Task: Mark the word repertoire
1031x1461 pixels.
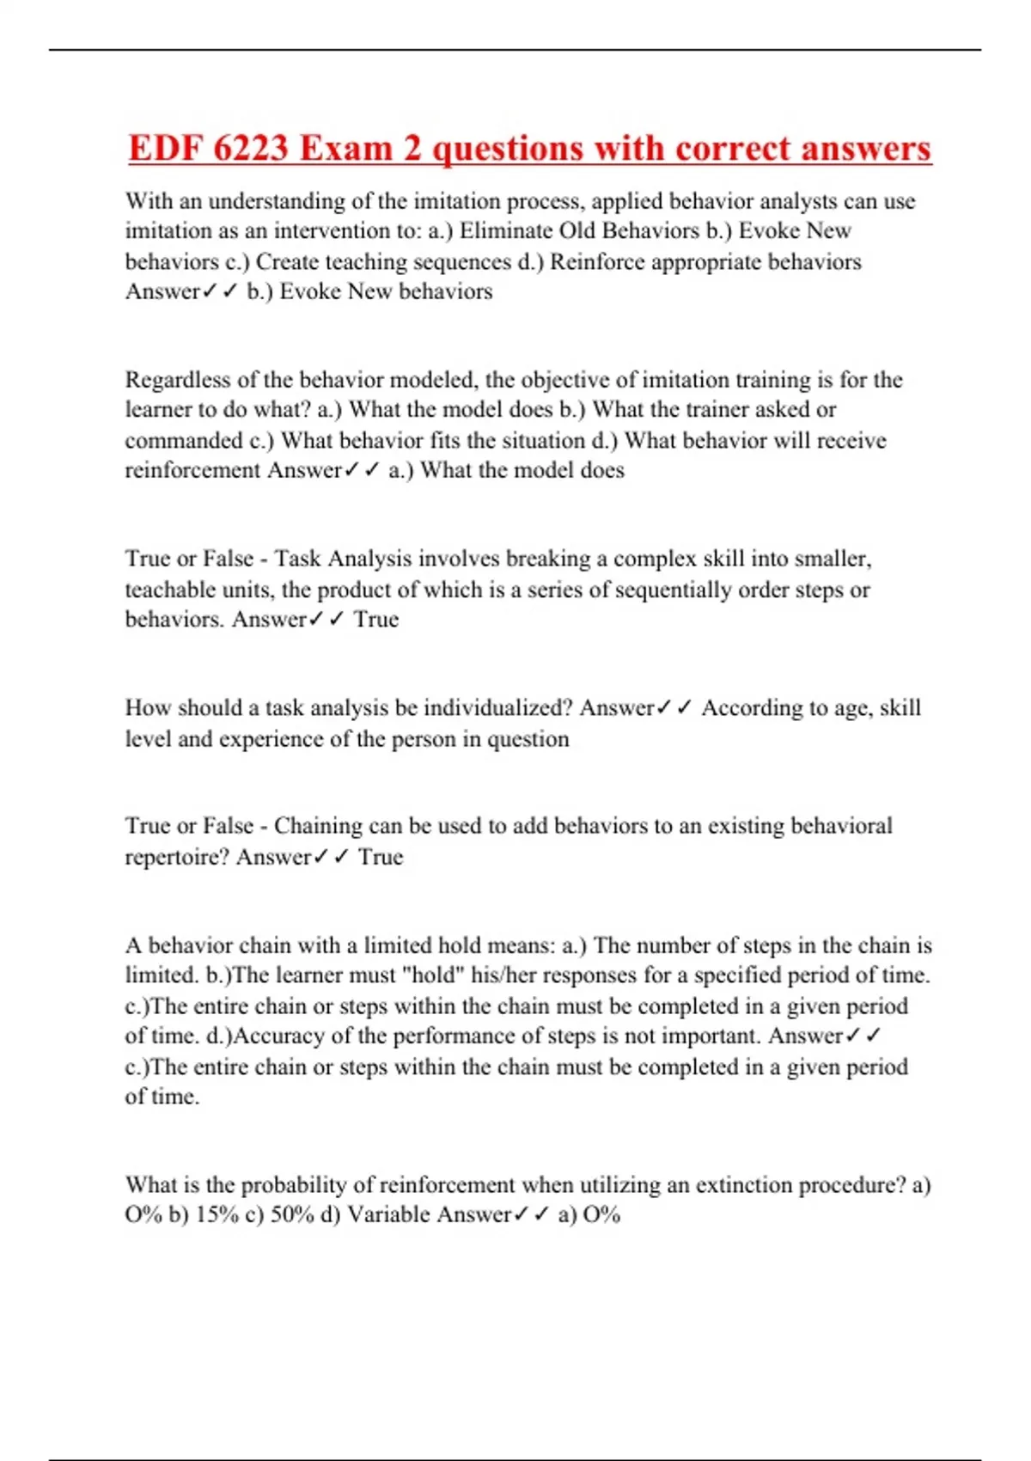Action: pos(177,857)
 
